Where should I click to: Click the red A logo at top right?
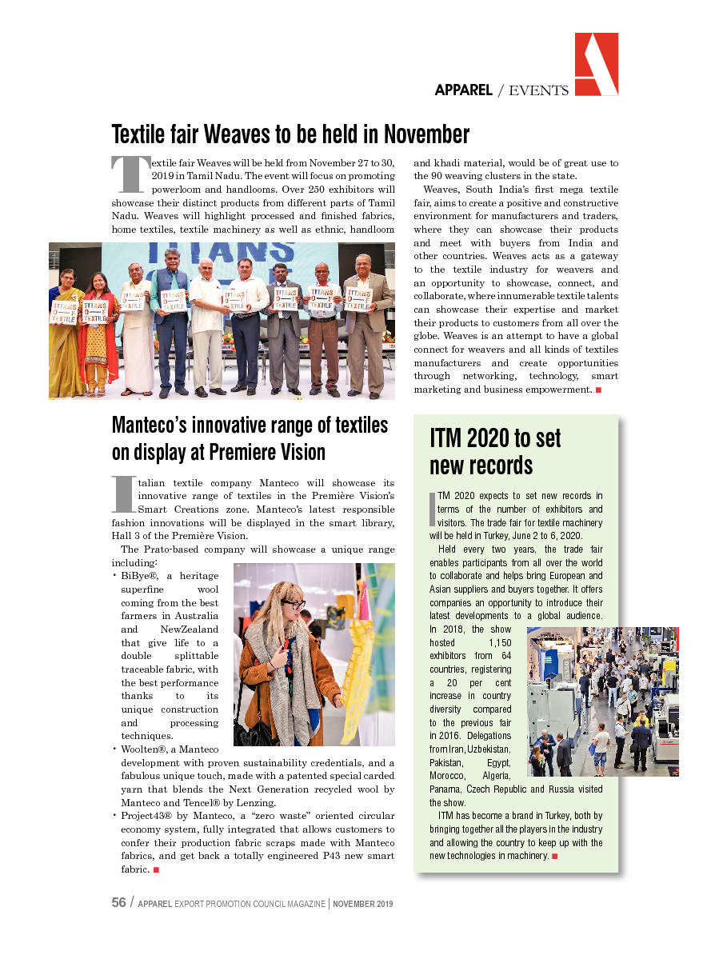coord(596,65)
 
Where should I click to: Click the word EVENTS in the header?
coord(538,90)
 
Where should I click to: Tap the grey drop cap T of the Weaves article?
coord(130,174)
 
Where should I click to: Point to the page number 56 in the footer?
coord(118,903)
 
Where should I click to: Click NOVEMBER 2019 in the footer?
coord(363,904)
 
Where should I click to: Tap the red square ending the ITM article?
coord(554,857)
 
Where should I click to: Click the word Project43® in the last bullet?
coord(150,816)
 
